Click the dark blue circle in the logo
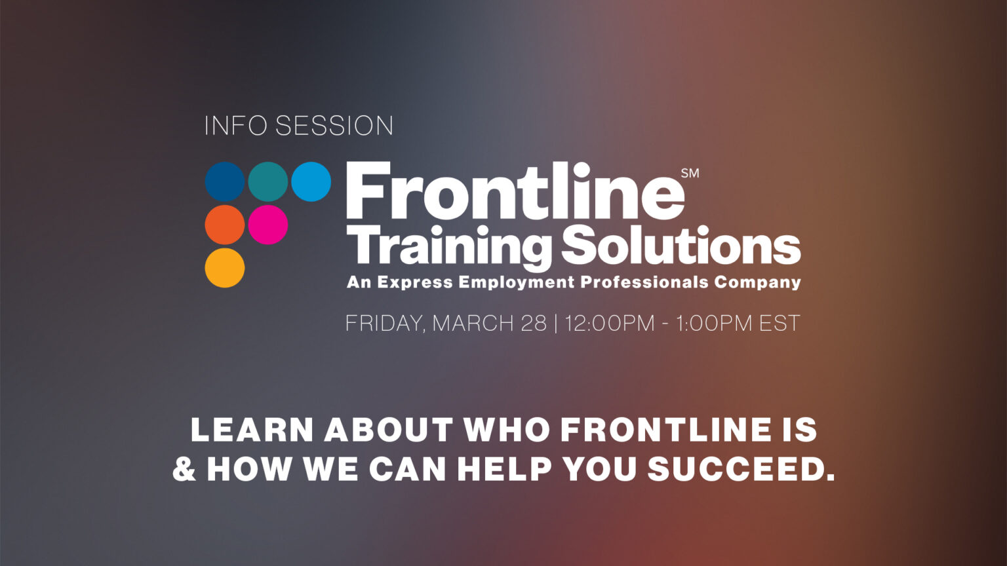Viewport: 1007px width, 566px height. click(225, 181)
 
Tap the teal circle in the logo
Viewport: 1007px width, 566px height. click(267, 181)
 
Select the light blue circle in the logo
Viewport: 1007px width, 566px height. click(311, 181)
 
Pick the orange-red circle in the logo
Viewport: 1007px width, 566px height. click(225, 225)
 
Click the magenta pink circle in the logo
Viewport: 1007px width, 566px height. click(267, 225)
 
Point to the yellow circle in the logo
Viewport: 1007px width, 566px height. click(225, 267)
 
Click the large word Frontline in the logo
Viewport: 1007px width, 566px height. click(515, 191)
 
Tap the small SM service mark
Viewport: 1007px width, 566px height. click(690, 174)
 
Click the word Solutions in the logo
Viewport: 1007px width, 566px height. click(681, 246)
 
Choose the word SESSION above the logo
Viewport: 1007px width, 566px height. click(334, 126)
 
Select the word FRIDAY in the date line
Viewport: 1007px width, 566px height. click(384, 324)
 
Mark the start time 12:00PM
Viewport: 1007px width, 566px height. click(610, 324)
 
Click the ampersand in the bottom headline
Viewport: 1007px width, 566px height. click(184, 469)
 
